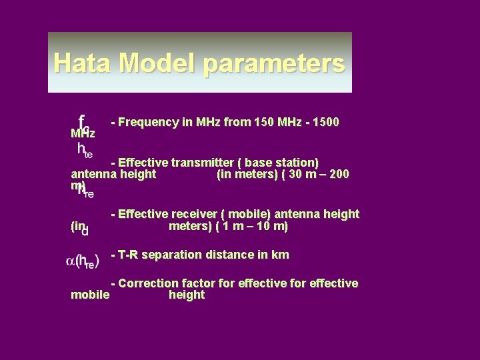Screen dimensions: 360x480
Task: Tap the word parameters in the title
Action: click(x=274, y=64)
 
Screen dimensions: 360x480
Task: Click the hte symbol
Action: click(x=85, y=150)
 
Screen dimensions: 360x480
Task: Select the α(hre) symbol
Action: click(x=82, y=261)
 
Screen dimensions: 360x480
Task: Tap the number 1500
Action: click(x=325, y=122)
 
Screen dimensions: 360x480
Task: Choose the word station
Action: click(x=295, y=163)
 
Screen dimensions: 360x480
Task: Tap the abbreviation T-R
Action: click(x=129, y=255)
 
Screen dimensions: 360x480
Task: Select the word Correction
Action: click(x=149, y=283)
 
